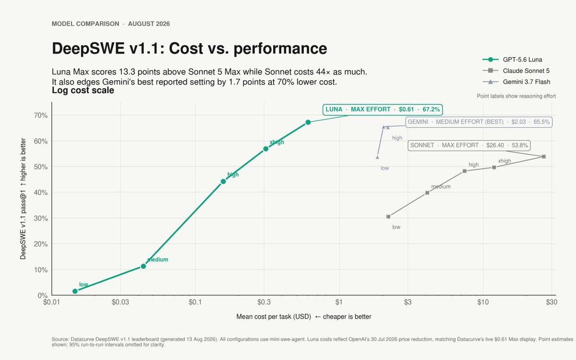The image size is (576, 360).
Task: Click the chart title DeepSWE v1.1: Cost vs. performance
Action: click(x=190, y=48)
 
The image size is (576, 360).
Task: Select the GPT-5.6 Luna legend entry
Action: click(x=516, y=60)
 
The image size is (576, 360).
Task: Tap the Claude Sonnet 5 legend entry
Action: click(x=516, y=71)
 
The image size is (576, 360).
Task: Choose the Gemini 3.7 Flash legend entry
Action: click(x=516, y=82)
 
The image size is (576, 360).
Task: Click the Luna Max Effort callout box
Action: click(x=383, y=109)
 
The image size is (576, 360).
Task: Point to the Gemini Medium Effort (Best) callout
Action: click(x=479, y=122)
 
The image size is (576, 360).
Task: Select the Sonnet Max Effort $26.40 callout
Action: click(x=469, y=145)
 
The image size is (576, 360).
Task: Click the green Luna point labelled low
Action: click(x=75, y=291)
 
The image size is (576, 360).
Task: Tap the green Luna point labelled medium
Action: click(x=144, y=266)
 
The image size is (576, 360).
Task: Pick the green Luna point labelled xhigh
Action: click(x=266, y=149)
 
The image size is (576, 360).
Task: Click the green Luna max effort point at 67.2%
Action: click(x=308, y=122)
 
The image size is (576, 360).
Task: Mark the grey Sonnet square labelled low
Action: click(x=388, y=217)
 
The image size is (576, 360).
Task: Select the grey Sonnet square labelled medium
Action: click(x=427, y=193)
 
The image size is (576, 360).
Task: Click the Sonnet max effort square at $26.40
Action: click(x=543, y=156)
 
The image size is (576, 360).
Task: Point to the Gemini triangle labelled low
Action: click(x=377, y=157)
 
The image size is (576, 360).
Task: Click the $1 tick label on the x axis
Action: click(x=339, y=302)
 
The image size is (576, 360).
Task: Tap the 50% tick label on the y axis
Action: click(x=41, y=167)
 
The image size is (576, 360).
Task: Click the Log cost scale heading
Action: click(x=83, y=90)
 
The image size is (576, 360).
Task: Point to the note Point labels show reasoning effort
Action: click(x=516, y=96)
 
